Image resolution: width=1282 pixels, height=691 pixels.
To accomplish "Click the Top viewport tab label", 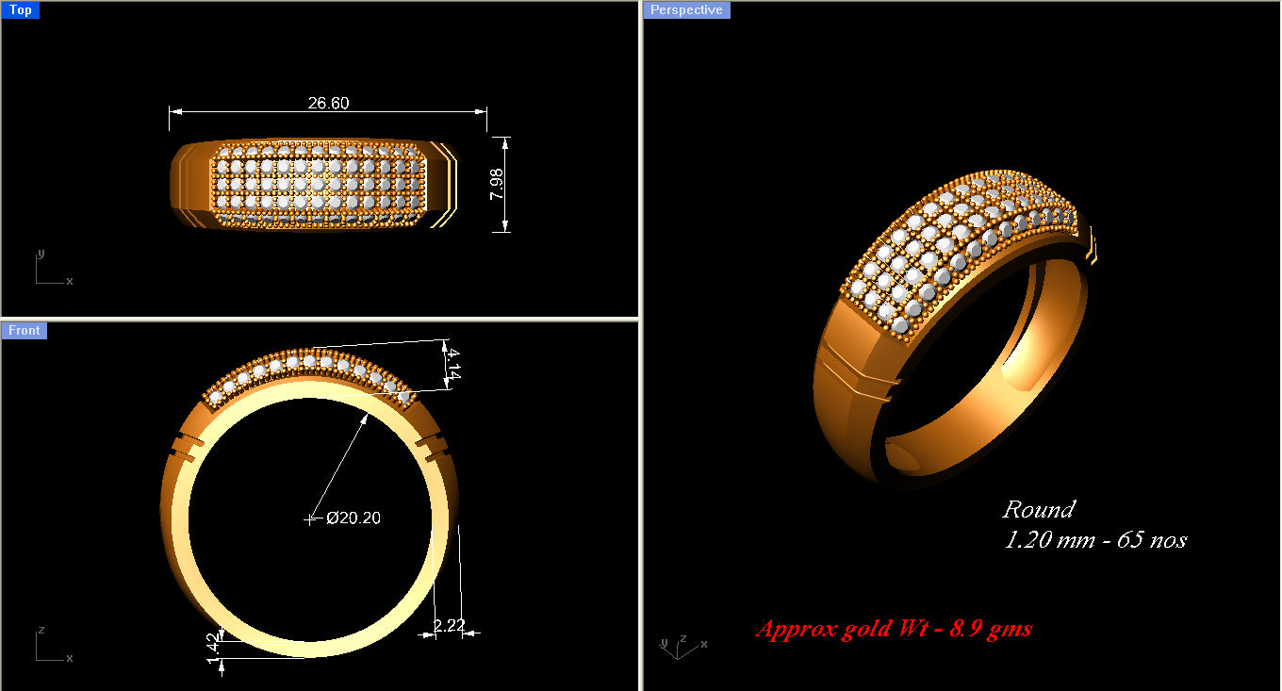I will click(x=20, y=10).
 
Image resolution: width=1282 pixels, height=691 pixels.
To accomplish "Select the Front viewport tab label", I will click(x=25, y=330).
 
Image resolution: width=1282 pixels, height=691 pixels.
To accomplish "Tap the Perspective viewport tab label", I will click(x=687, y=10).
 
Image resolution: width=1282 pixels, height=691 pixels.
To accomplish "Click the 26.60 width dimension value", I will click(x=328, y=103).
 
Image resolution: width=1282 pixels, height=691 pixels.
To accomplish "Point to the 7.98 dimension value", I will click(x=497, y=183).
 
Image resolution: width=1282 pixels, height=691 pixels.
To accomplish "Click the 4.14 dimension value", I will click(x=453, y=364).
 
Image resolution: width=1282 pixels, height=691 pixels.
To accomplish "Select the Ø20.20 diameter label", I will click(x=353, y=518).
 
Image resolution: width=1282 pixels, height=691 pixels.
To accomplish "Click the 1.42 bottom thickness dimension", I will click(x=213, y=648).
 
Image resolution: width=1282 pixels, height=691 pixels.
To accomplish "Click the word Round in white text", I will click(x=1038, y=510).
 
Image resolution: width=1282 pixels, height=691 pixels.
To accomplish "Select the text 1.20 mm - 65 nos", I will click(x=1094, y=540).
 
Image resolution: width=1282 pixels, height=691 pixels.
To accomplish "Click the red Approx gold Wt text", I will click(x=893, y=629).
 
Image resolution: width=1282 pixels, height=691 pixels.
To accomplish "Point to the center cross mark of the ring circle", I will click(x=310, y=518).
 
